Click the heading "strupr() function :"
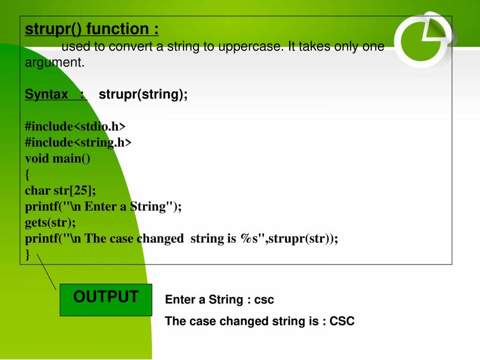(x=92, y=29)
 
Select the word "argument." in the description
(x=54, y=63)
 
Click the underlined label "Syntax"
(x=46, y=94)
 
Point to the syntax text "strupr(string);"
(x=143, y=94)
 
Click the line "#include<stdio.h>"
(x=75, y=126)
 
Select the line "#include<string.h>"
(x=78, y=142)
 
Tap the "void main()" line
(x=58, y=158)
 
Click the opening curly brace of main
(x=27, y=175)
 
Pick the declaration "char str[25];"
(x=60, y=190)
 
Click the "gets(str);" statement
(x=50, y=222)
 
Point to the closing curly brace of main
(x=27, y=254)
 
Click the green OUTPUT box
(x=106, y=300)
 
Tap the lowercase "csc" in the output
(x=264, y=300)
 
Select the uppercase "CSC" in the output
(x=342, y=321)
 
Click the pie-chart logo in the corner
(x=424, y=40)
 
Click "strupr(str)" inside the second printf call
(x=298, y=238)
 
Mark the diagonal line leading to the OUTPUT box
(x=46, y=271)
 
